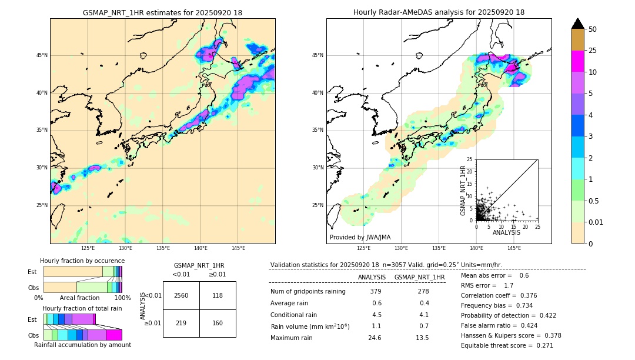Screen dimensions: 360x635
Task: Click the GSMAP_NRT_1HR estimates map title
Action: click(162, 12)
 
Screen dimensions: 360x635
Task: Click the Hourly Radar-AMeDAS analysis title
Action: click(439, 12)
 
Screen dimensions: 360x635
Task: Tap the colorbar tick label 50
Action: click(593, 29)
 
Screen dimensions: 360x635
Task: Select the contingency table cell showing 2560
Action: click(181, 295)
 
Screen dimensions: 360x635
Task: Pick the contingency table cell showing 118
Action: click(218, 295)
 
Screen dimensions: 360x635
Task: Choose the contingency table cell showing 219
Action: click(181, 323)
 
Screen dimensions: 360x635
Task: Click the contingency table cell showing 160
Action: click(218, 323)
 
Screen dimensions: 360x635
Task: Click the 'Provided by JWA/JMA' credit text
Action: click(360, 238)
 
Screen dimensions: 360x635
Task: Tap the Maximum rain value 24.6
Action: click(376, 338)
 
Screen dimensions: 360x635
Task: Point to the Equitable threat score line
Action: click(507, 345)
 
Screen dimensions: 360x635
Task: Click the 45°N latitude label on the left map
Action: click(42, 55)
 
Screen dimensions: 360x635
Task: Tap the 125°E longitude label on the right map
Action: click(364, 248)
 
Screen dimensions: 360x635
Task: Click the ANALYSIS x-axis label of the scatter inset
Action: click(506, 232)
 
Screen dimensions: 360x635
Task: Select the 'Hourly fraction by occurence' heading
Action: click(82, 261)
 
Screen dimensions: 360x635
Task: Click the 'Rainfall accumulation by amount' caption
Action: click(82, 345)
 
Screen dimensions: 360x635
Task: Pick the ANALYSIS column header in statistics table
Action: click(372, 277)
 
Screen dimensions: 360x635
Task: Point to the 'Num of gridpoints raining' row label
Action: click(308, 291)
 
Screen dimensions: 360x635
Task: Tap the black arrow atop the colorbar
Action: click(578, 24)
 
